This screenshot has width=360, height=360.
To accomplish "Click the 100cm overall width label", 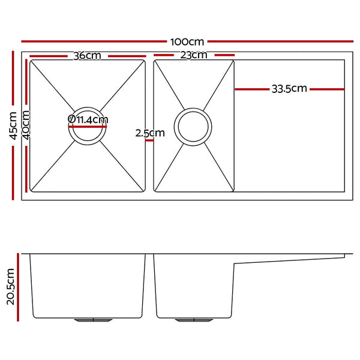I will pos(187,42).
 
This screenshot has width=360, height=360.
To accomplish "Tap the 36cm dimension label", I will pos(87,56).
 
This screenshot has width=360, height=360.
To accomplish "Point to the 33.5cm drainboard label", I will pos(289,89).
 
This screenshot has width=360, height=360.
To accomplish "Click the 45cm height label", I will pos(8,127).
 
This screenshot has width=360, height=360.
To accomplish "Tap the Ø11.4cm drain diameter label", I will pos(88,119).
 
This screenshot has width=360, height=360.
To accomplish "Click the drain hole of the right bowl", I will pos(192,127).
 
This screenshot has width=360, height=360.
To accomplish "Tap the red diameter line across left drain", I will pos(88,127).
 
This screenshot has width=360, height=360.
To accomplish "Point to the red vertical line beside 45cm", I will pos(13,126).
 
